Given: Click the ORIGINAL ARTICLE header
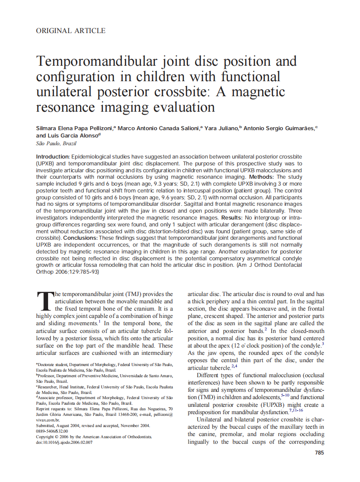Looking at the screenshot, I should [x=70, y=31].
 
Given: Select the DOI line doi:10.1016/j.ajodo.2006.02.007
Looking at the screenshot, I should [x=64, y=442].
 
